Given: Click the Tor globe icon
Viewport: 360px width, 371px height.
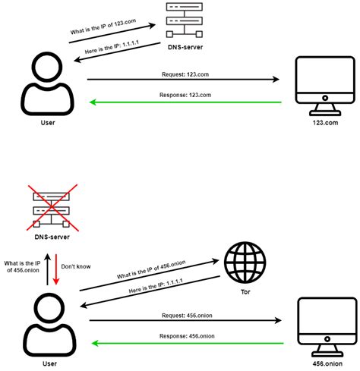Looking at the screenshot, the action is pyautogui.click(x=245, y=262).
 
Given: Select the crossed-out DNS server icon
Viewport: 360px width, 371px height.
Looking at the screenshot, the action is pyautogui.click(x=52, y=208).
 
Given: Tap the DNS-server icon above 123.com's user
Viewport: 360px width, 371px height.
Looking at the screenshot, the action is pyautogui.click(x=185, y=20).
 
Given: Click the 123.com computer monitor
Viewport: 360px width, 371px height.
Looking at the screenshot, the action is pyautogui.click(x=325, y=86).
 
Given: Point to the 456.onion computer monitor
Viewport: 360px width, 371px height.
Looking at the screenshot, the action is pyautogui.click(x=327, y=327).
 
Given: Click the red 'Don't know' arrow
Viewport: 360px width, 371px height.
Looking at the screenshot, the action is pyautogui.click(x=56, y=269).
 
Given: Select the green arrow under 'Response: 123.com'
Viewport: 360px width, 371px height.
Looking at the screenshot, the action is pyautogui.click(x=185, y=102).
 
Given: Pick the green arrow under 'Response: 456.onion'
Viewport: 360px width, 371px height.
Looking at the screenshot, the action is pyautogui.click(x=188, y=344).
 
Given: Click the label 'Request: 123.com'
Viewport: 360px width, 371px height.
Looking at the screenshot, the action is pyautogui.click(x=185, y=74).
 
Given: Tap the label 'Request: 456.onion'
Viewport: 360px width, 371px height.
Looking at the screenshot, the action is pyautogui.click(x=187, y=316).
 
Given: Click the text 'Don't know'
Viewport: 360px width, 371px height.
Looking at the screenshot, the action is pyautogui.click(x=76, y=266).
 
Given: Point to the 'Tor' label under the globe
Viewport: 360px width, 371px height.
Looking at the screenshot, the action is pyautogui.click(x=245, y=292).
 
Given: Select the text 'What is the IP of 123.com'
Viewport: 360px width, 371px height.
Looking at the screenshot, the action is pyautogui.click(x=103, y=27).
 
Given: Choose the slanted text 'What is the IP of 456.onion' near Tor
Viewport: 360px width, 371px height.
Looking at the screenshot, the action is pyautogui.click(x=151, y=269).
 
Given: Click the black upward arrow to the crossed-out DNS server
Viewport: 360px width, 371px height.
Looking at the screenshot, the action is pyautogui.click(x=47, y=269).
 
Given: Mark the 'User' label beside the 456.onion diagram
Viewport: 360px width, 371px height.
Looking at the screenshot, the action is pyautogui.click(x=49, y=363).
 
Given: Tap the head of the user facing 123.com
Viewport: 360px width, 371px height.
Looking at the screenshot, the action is pyautogui.click(x=48, y=67).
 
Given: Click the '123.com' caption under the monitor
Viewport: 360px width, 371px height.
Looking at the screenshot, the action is pyautogui.click(x=325, y=123).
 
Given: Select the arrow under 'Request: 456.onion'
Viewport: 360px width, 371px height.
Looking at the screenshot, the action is pyautogui.click(x=185, y=320).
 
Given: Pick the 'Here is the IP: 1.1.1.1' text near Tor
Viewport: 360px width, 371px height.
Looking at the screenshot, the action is pyautogui.click(x=156, y=286).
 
